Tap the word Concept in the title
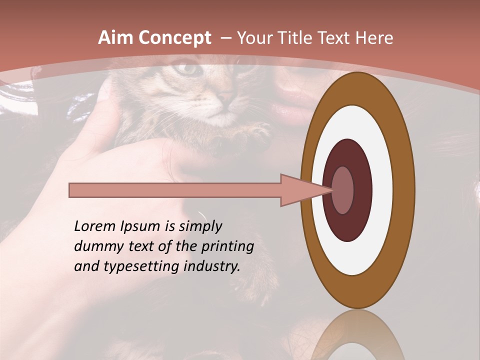click(x=175, y=38)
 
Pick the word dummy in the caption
click(x=94, y=246)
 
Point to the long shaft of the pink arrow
click(x=175, y=190)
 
